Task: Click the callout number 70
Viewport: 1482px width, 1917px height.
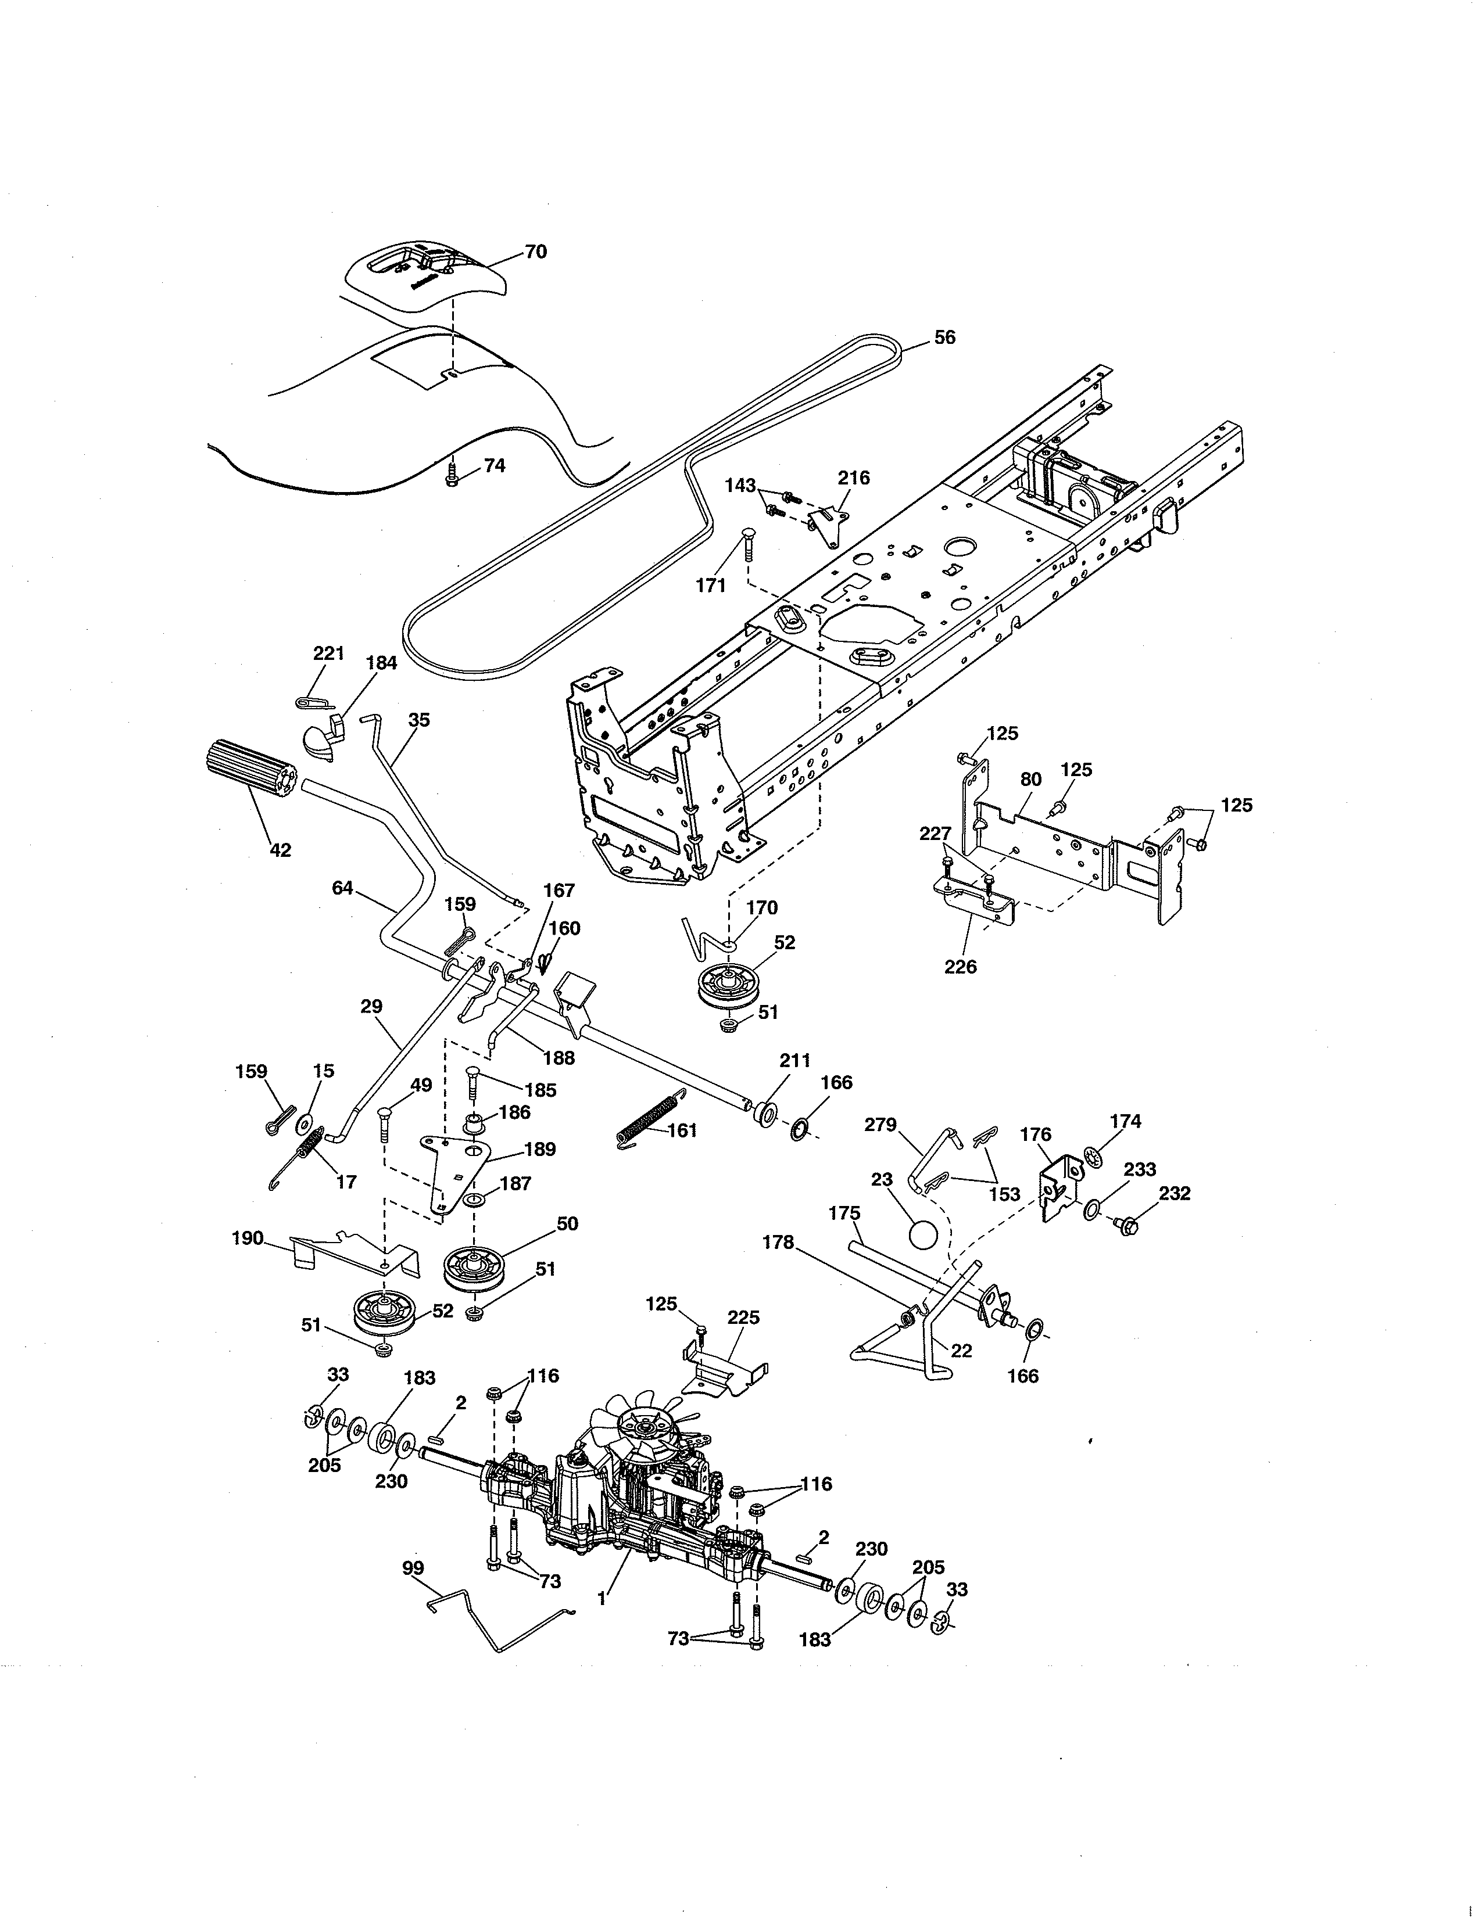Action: [x=536, y=252]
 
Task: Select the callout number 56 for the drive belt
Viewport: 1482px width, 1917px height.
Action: [x=944, y=337]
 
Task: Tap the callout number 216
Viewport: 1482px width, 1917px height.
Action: [x=853, y=478]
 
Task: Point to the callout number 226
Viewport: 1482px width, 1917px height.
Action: [x=961, y=967]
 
